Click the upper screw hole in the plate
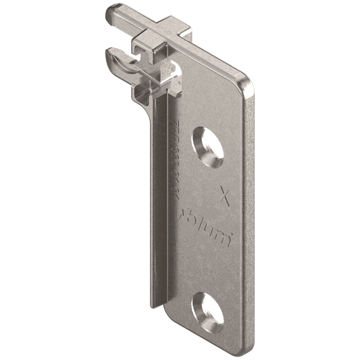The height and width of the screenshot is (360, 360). click(208, 142)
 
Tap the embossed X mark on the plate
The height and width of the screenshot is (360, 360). click(225, 197)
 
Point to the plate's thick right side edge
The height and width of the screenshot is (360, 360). click(250, 217)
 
